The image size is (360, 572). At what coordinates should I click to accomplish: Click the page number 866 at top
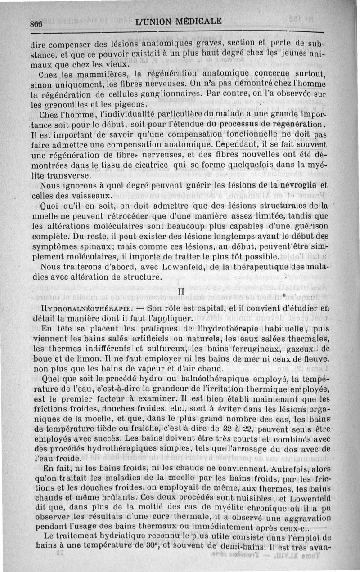tap(39, 23)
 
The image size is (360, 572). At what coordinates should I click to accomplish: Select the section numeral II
tap(181, 292)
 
